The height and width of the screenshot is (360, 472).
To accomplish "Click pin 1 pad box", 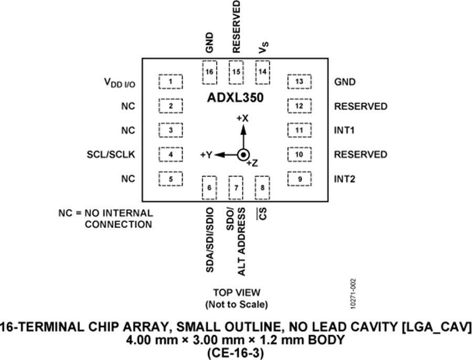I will [x=170, y=82].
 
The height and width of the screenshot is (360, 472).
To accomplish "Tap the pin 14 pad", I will [x=262, y=72].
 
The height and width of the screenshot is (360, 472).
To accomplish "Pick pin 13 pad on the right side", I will [x=299, y=82].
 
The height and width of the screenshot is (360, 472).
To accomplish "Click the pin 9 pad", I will [x=299, y=179].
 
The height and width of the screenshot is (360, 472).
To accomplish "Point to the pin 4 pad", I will [x=170, y=155].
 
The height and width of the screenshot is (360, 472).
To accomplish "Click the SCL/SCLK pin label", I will [x=112, y=155].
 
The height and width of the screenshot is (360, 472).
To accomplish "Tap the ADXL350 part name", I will [x=235, y=97].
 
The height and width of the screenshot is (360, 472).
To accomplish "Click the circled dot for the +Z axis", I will [x=242, y=155].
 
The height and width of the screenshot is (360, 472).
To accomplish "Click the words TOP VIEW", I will [x=236, y=292].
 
